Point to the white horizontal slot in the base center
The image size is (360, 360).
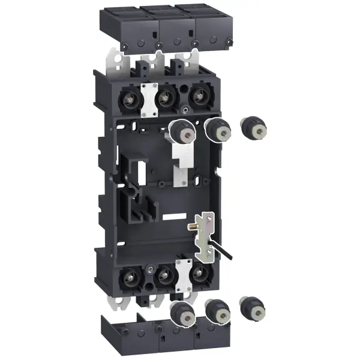[174, 215]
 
